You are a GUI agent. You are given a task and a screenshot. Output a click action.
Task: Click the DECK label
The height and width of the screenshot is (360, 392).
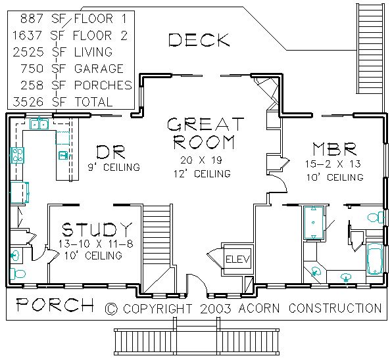199,40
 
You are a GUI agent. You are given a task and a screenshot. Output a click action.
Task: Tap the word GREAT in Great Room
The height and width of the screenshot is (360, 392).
205,124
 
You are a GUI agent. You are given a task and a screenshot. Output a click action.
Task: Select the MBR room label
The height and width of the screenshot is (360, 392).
335,148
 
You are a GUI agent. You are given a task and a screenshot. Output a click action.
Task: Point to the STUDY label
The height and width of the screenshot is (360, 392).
97,229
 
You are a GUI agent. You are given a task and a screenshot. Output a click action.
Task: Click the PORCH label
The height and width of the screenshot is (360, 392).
55,305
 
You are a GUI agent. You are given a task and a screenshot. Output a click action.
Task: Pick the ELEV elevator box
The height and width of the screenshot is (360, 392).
237,259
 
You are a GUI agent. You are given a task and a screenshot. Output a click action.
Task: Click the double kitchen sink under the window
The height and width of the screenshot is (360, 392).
39,124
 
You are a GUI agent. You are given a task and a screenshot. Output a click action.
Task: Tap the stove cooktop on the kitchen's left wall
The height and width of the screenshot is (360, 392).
17,155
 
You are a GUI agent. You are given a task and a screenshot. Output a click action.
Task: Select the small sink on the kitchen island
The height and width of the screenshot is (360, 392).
62,156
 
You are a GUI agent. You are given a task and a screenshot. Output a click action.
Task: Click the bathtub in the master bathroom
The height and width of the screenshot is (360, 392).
374,259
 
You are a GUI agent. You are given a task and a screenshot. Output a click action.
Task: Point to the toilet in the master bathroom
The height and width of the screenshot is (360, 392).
376,217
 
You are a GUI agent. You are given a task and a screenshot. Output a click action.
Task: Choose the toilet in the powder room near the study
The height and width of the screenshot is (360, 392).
18,274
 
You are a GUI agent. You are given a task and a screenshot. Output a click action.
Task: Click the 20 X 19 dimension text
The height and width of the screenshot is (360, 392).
201,160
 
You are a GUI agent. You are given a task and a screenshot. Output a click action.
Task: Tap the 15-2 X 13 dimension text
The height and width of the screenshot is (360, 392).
333,164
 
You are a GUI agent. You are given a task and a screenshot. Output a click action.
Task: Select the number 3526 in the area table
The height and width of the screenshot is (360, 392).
28,102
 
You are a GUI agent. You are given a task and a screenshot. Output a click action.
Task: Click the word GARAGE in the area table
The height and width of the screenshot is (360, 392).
99,68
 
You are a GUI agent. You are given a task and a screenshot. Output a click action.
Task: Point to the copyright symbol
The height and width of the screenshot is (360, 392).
111,309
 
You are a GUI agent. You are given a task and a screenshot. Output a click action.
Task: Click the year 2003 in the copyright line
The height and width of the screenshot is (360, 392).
216,309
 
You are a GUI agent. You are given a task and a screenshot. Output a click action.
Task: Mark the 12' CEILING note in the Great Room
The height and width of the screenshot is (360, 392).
203,173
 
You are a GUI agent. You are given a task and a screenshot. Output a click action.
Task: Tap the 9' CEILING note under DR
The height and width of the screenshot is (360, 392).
114,167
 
